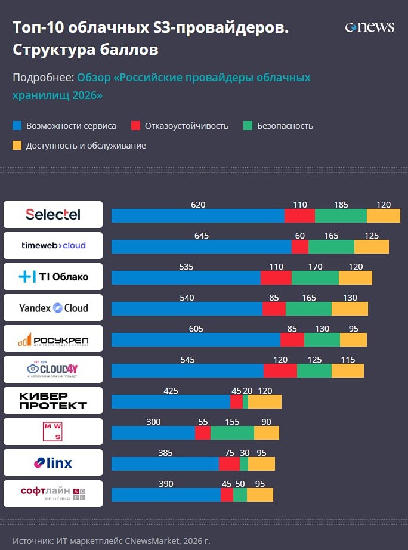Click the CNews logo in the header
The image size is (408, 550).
pyautogui.click(x=369, y=27)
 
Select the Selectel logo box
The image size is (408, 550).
pyautogui.click(x=53, y=214)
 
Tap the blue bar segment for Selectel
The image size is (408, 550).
pyautogui.click(x=198, y=216)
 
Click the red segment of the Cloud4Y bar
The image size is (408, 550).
pyautogui.click(x=280, y=370)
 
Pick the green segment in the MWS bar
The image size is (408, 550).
pyautogui.click(x=232, y=432)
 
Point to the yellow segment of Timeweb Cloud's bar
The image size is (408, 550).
pyautogui.click(x=371, y=247)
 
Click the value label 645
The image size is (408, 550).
pyautogui.click(x=202, y=236)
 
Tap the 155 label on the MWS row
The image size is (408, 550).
pyautogui.click(x=232, y=422)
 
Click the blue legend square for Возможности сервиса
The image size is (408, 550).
pyautogui.click(x=17, y=126)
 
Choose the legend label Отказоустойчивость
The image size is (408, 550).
pyautogui.click(x=186, y=126)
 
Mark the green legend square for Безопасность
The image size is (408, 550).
pyautogui.click(x=248, y=126)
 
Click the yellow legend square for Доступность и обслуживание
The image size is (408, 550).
pyautogui.click(x=17, y=145)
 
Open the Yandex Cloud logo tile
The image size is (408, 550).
pyautogui.click(x=53, y=308)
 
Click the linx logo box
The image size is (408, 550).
pyautogui.click(x=53, y=463)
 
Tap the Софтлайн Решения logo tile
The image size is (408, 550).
pyautogui.click(x=53, y=494)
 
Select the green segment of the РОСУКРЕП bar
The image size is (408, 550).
pyautogui.click(x=322, y=339)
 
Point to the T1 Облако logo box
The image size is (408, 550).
pyautogui.click(x=53, y=277)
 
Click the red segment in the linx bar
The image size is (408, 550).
pyautogui.click(x=229, y=464)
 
